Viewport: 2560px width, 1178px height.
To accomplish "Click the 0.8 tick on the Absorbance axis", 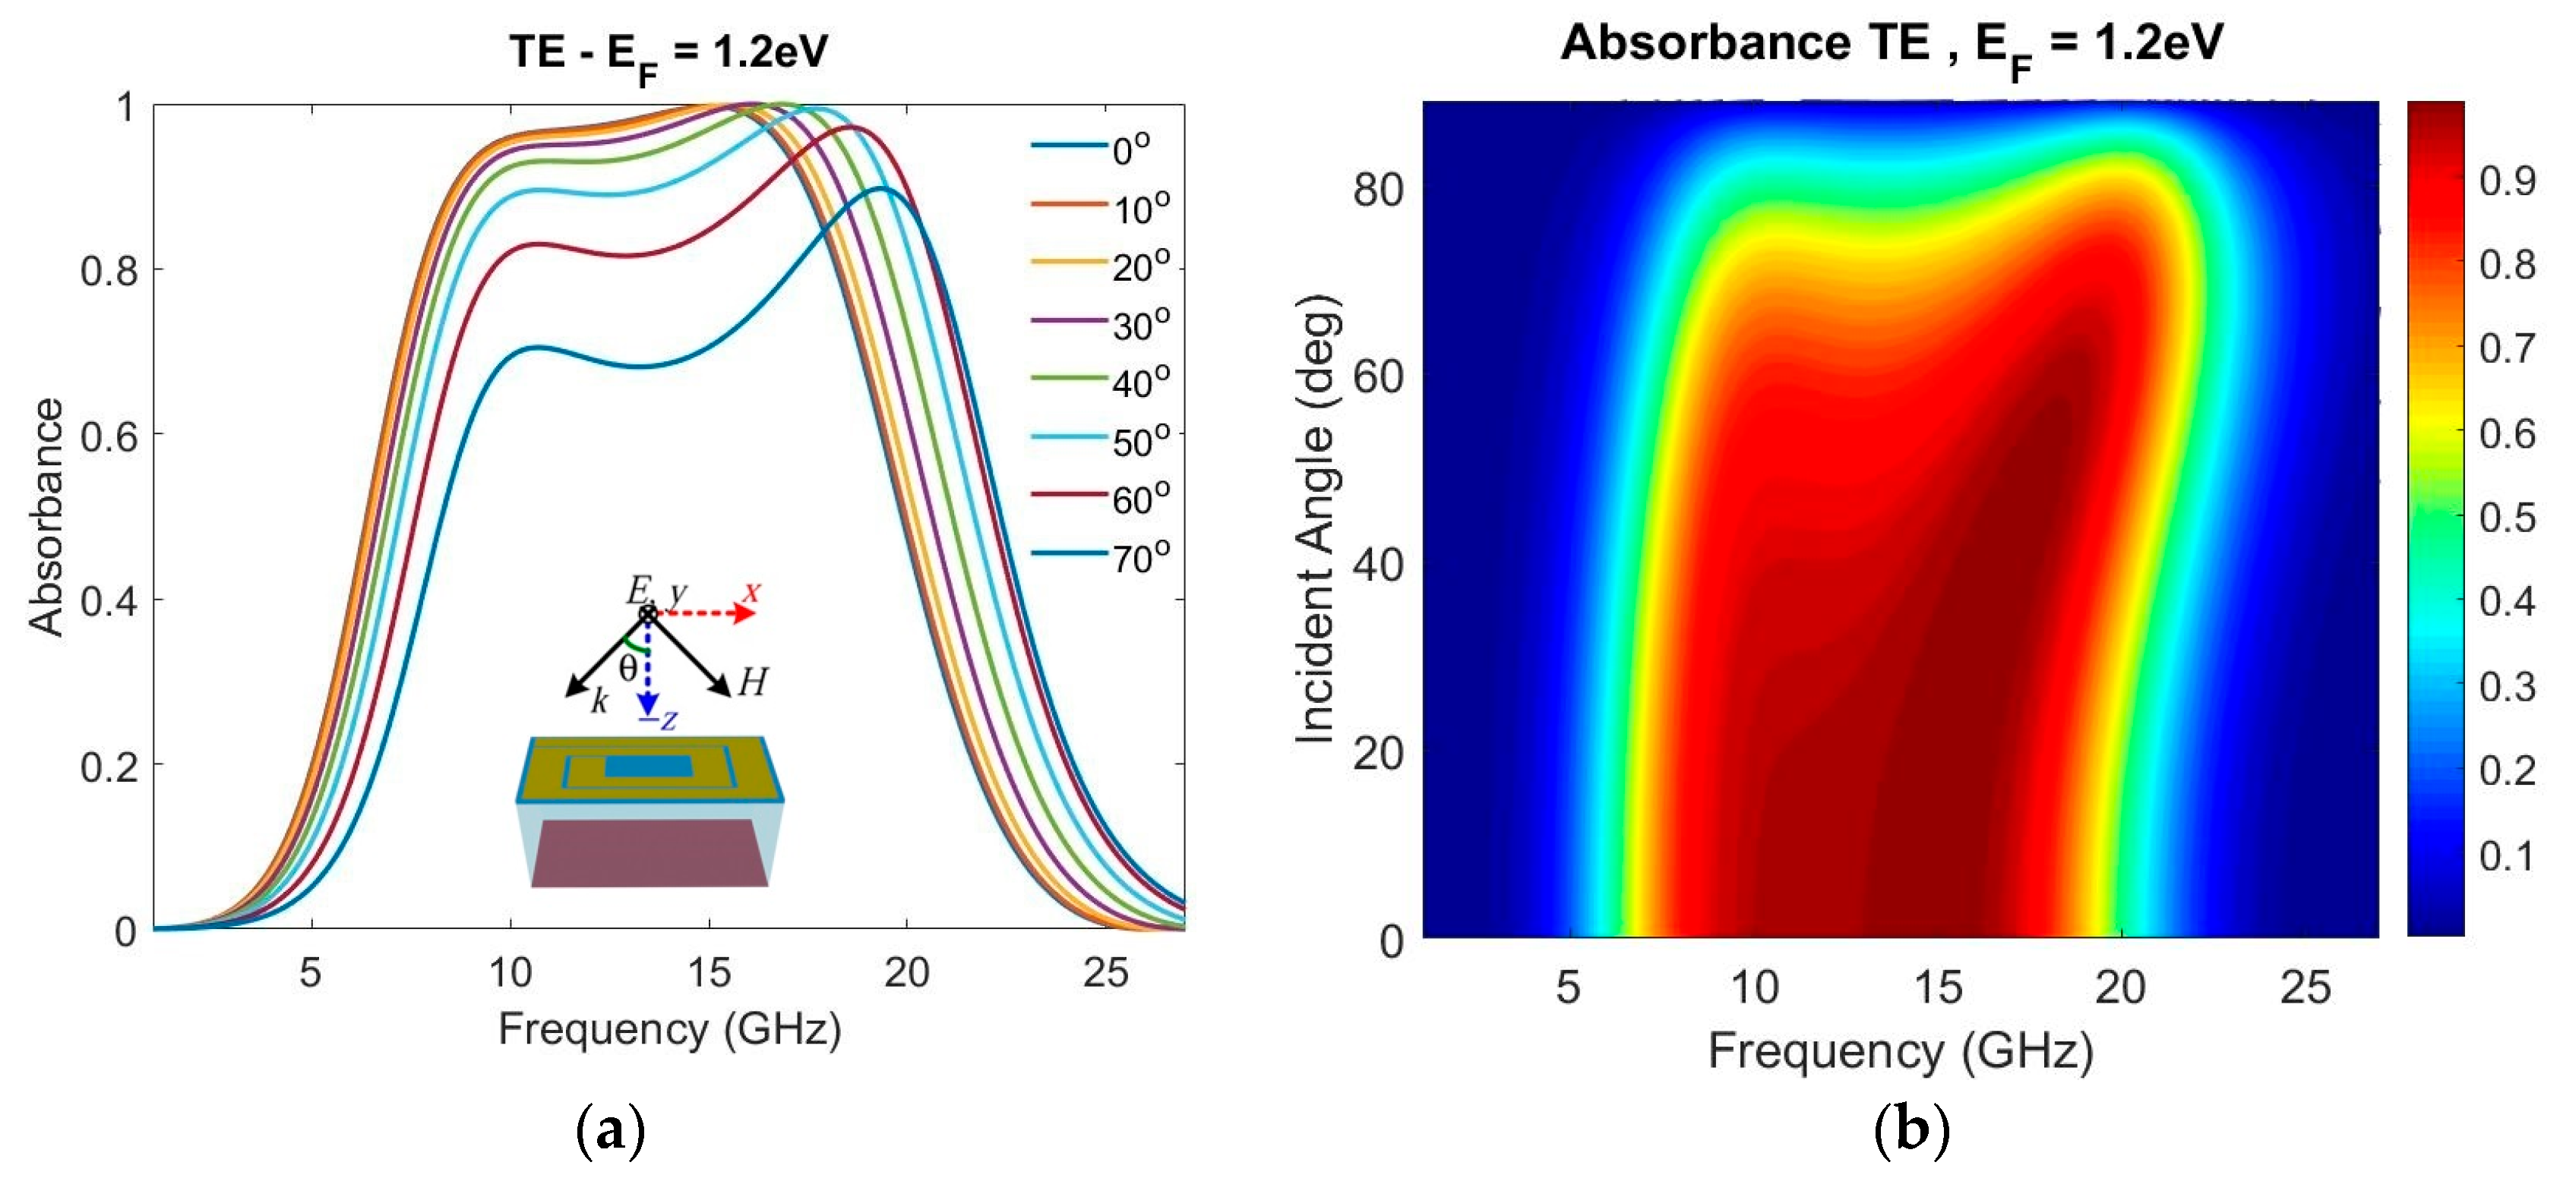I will (x=109, y=270).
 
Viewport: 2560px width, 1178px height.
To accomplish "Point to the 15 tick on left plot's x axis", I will (x=709, y=972).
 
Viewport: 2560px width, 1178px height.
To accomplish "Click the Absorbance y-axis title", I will (x=46, y=516).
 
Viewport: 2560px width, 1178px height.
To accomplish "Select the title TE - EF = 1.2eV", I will (x=668, y=52).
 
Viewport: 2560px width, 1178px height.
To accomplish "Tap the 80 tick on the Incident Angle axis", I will (x=1379, y=189).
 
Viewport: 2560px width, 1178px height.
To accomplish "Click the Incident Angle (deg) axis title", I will (x=1316, y=518).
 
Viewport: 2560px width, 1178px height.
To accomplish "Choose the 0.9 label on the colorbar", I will (x=2506, y=181).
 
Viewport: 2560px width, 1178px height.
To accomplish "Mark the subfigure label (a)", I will (x=610, y=1131).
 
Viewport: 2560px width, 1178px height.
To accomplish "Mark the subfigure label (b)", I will (x=1910, y=1131).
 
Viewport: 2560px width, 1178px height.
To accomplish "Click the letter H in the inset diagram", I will (x=752, y=682).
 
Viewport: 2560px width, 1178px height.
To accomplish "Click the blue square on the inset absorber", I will (x=648, y=766).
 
